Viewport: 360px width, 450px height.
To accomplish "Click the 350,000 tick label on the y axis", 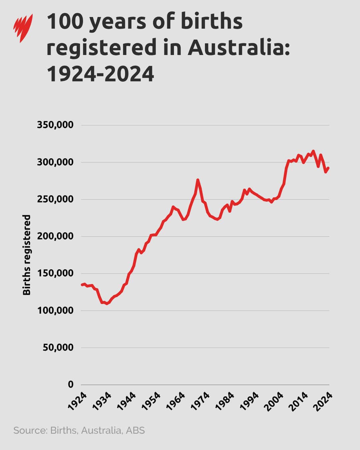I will click(55, 125).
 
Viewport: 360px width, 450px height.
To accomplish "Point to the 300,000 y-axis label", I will click(55, 162).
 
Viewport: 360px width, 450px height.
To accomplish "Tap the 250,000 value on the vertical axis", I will click(55, 199).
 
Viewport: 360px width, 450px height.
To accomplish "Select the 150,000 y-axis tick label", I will click(55, 273).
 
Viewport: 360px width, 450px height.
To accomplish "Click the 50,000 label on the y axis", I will click(58, 347).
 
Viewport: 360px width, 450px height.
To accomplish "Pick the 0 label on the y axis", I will click(71, 384).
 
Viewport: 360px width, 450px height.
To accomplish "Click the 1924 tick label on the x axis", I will click(77, 401).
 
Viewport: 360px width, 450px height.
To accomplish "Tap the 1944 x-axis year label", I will click(127, 401).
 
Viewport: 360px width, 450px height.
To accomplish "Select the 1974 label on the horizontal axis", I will click(201, 401).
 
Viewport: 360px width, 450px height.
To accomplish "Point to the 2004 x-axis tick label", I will click(275, 401).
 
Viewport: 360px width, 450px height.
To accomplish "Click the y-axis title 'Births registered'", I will click(27, 255).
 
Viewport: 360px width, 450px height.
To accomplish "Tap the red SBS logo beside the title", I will click(23, 28).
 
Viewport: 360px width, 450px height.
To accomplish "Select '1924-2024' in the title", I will click(100, 74).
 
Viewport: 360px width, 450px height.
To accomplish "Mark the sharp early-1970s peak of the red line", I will click(198, 180).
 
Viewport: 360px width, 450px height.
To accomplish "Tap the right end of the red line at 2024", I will click(329, 168).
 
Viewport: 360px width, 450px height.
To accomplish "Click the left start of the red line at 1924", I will click(82, 285).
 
